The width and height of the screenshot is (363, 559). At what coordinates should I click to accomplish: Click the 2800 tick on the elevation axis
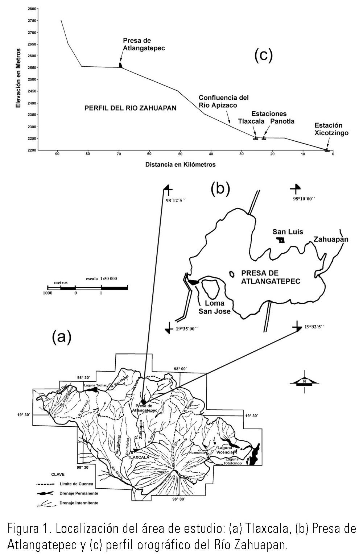point(32,9)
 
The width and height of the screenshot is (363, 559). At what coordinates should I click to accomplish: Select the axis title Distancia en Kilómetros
point(180,165)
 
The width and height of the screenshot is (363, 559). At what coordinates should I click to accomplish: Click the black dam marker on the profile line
point(121,65)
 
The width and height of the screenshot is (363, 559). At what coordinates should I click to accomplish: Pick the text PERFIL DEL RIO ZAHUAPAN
point(130,108)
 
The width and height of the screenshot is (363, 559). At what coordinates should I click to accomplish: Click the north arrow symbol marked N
point(305,381)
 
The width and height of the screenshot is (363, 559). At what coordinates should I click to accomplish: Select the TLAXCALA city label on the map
point(139,457)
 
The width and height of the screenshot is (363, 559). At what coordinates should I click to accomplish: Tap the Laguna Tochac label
point(95,385)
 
